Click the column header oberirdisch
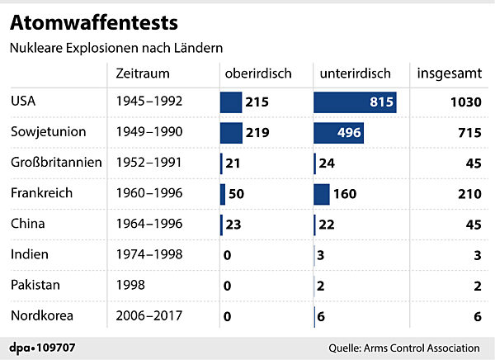pos(258,73)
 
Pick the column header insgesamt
pos(450,73)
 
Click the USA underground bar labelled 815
pos(355,102)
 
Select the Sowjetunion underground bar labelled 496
pos(338,133)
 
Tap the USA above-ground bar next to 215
pos(230,102)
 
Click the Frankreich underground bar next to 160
pos(322,194)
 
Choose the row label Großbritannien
pos(55,163)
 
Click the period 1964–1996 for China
pos(149,224)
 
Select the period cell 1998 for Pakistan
pos(130,285)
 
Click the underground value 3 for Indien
pos(321,254)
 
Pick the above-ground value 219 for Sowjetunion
pos(260,133)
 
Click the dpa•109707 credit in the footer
pos(42,347)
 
